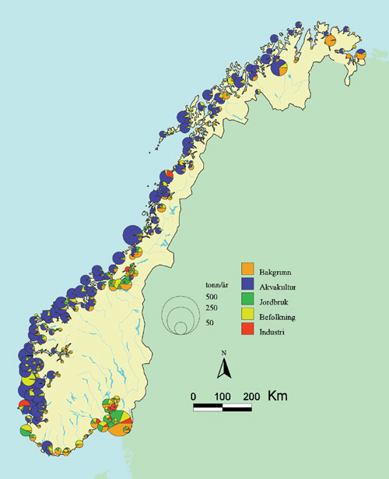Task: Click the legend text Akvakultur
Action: click(x=281, y=286)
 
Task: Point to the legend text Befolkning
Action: click(x=282, y=317)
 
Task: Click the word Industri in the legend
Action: click(x=275, y=333)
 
